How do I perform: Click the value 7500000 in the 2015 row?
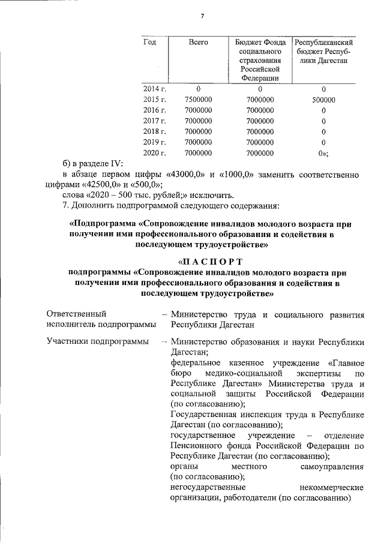pos(198,100)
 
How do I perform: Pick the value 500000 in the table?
pos(323,100)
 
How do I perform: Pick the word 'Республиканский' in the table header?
pos(323,44)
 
